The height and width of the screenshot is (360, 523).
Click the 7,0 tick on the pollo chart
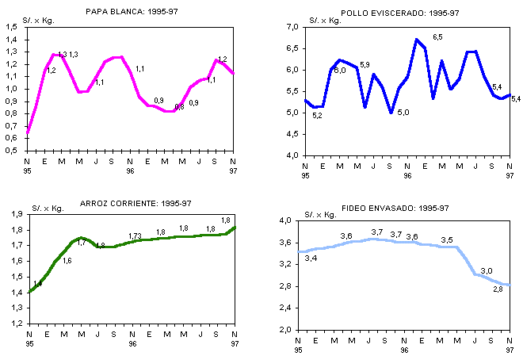292,27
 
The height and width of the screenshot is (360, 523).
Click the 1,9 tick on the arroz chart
15,215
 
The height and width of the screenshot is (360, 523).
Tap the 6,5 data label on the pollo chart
437,37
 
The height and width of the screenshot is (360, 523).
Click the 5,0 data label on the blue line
403,113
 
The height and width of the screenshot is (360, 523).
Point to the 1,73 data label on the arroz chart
135,236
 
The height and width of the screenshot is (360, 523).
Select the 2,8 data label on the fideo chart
498,289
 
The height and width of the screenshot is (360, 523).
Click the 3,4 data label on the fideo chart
311,259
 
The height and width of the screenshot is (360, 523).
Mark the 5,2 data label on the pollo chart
317,116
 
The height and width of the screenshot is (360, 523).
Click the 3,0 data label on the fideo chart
486,271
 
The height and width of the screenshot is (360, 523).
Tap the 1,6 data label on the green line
67,260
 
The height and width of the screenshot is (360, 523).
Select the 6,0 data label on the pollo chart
340,71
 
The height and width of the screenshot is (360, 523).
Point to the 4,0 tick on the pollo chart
292,155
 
